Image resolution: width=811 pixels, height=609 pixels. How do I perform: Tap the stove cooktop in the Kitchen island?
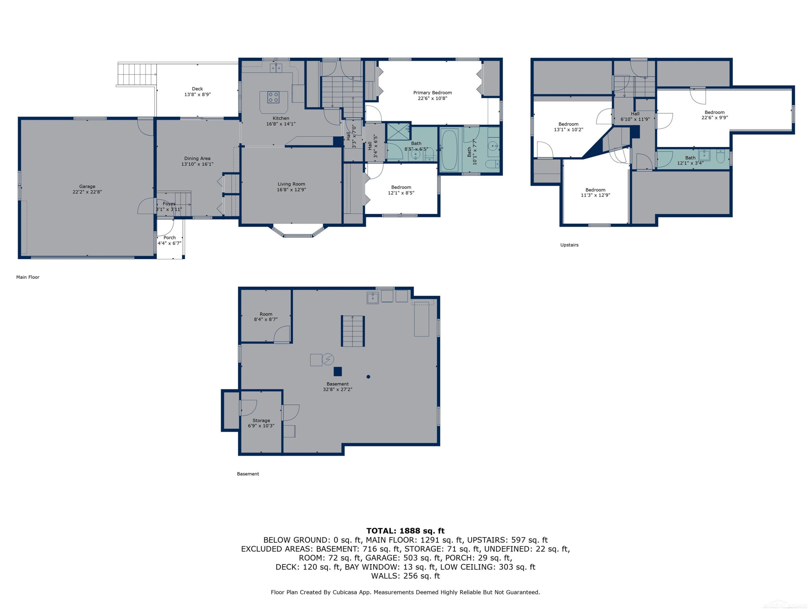tap(273, 97)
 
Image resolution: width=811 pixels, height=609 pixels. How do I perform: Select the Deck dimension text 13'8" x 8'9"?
tap(197, 94)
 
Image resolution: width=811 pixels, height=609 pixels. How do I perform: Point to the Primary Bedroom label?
tap(432, 93)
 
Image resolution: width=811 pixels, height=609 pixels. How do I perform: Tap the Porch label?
tap(169, 237)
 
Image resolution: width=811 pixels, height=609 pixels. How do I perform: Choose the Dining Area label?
tap(197, 159)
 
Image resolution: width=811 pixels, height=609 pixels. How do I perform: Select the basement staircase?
tap(353, 331)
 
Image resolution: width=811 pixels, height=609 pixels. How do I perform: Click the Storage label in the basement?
tap(261, 420)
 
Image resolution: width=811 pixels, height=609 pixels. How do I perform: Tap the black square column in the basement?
tap(338, 372)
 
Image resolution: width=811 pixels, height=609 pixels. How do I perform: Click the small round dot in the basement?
tap(368, 377)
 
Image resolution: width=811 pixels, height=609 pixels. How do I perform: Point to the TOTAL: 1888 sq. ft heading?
tap(405, 531)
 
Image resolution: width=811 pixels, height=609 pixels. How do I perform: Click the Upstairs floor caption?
tap(569, 245)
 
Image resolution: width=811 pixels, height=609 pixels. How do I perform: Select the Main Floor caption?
tap(28, 277)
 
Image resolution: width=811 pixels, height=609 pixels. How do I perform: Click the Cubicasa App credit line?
tap(405, 592)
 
